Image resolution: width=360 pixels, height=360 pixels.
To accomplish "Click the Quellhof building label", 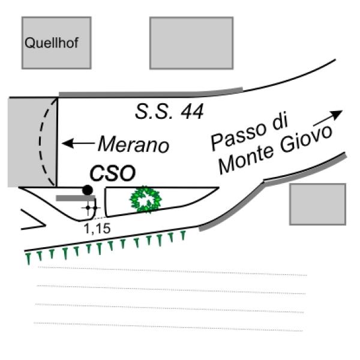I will (52, 43).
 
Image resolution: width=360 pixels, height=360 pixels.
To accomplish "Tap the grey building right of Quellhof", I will (191, 43).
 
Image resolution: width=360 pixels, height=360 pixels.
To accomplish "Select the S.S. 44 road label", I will (169, 111).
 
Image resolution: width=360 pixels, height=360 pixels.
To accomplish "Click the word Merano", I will (133, 144).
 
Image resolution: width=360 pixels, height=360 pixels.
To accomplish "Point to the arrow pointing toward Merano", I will (79, 143).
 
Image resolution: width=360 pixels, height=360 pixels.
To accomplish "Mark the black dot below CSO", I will (88, 190).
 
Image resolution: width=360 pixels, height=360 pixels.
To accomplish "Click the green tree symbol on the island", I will (145, 200).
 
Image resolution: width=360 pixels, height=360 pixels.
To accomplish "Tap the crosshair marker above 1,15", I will (91, 208).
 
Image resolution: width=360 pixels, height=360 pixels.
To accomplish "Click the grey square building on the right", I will (317, 204).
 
